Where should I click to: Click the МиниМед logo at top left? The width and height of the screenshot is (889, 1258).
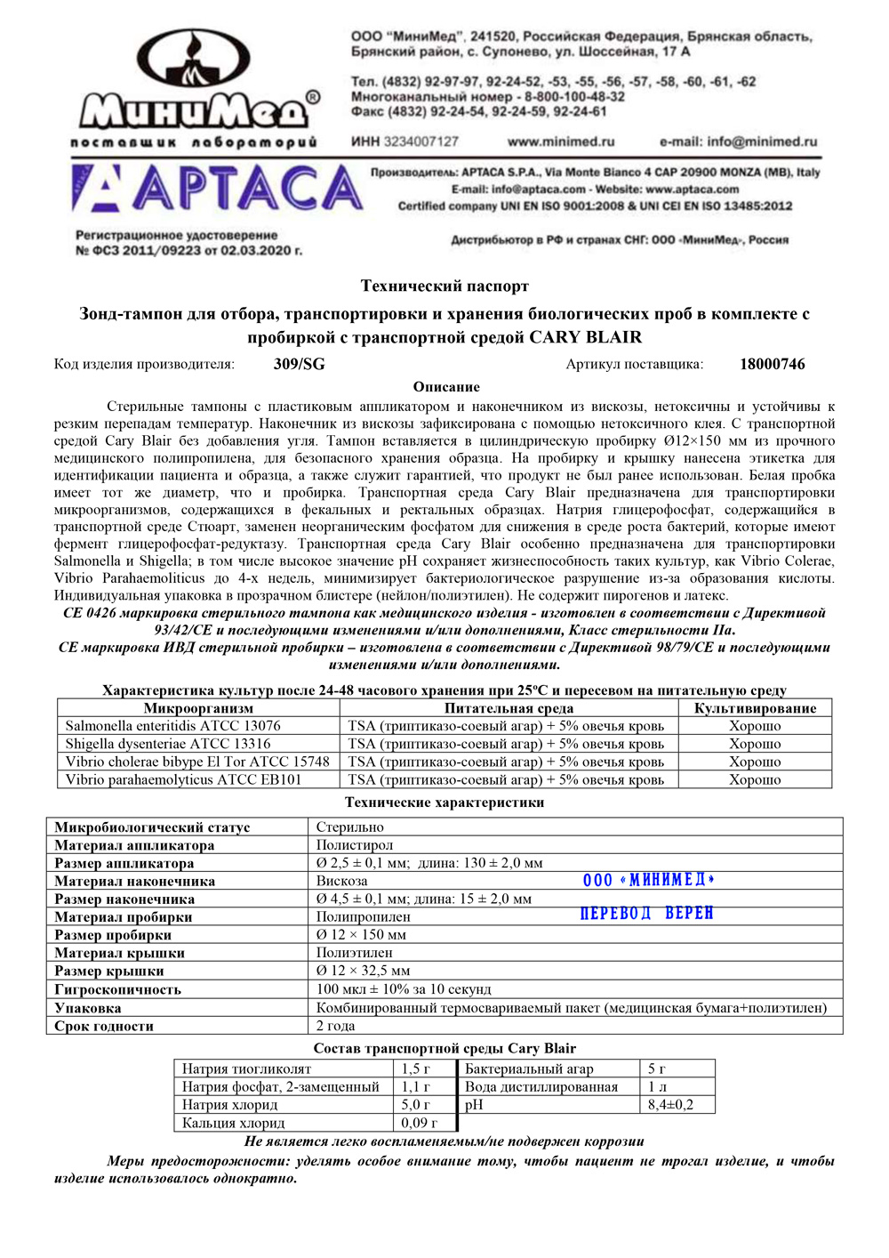pyautogui.click(x=195, y=87)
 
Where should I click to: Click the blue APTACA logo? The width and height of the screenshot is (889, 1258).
pyautogui.click(x=217, y=189)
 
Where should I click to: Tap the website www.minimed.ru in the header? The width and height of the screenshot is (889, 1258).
pyautogui.click(x=561, y=141)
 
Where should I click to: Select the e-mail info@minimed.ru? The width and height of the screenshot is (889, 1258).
pyautogui.click(x=738, y=141)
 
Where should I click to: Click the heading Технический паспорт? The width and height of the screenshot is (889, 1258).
pyautogui.click(x=444, y=286)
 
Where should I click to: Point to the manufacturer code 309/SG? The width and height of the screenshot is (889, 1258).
pyautogui.click(x=300, y=364)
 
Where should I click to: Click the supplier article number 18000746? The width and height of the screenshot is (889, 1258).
pyautogui.click(x=772, y=364)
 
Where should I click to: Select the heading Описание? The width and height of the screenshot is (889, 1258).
pyautogui.click(x=446, y=387)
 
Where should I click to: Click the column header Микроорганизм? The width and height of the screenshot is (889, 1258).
pyautogui.click(x=198, y=708)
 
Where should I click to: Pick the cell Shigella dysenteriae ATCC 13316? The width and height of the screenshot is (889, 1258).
pyautogui.click(x=168, y=744)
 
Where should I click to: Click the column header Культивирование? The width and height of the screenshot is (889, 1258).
pyautogui.click(x=755, y=708)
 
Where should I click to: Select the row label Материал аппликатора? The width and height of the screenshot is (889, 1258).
pyautogui.click(x=134, y=845)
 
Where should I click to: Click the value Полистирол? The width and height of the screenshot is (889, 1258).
pyautogui.click(x=355, y=845)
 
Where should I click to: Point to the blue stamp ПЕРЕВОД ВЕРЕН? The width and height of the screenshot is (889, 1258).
pyautogui.click(x=646, y=914)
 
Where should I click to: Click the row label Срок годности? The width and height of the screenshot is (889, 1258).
pyautogui.click(x=104, y=1026)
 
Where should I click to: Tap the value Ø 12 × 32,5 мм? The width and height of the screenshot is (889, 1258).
pyautogui.click(x=364, y=971)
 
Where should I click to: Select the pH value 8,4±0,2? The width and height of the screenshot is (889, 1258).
pyautogui.click(x=670, y=1105)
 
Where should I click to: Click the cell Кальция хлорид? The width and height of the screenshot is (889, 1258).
pyautogui.click(x=234, y=1123)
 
